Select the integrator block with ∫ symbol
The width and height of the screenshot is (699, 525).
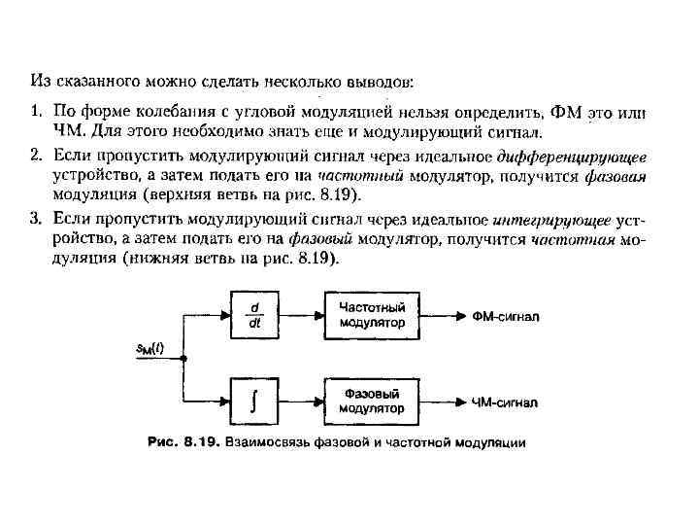click(x=253, y=400)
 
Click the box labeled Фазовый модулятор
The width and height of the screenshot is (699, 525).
click(x=372, y=400)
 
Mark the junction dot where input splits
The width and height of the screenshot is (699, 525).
click(x=184, y=358)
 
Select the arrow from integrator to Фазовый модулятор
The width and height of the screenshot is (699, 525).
click(x=300, y=400)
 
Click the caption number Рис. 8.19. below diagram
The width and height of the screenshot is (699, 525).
click(x=183, y=442)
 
